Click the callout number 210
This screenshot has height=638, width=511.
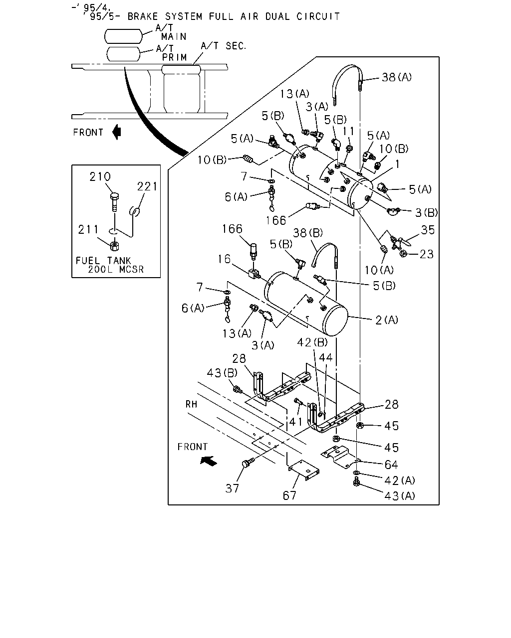[100, 176]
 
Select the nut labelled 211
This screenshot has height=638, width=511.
[114, 245]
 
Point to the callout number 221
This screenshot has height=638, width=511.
[147, 186]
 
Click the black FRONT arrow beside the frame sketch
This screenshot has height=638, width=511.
[117, 132]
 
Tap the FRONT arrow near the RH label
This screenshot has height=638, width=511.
[209, 461]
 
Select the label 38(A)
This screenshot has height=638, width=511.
[397, 77]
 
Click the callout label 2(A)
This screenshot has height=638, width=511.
[386, 320]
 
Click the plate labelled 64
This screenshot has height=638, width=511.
[340, 458]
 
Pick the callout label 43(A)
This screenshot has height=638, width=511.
[400, 495]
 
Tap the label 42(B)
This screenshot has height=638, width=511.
[312, 342]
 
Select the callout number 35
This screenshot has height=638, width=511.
[428, 230]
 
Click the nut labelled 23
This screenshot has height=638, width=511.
[403, 254]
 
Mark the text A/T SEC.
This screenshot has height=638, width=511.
[224, 46]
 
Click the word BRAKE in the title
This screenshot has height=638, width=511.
[143, 16]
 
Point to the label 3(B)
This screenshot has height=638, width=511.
[426, 212]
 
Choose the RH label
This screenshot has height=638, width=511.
[191, 404]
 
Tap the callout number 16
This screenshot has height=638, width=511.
[224, 259]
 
